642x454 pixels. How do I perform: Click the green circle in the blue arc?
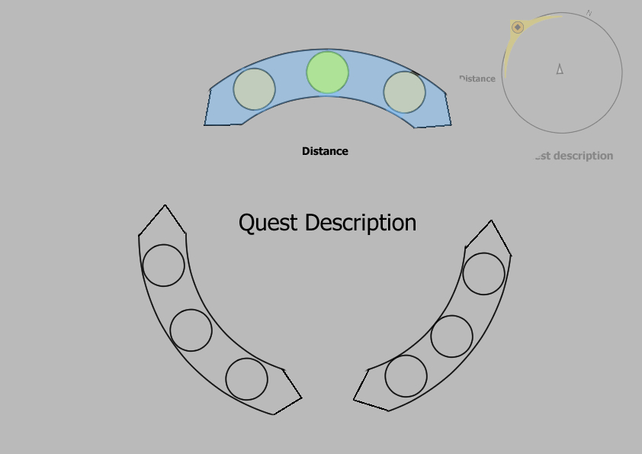pyautogui.click(x=328, y=72)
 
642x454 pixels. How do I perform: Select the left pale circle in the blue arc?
pyautogui.click(x=254, y=89)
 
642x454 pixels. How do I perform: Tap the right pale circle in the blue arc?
pyautogui.click(x=404, y=92)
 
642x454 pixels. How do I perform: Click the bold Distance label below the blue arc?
pyautogui.click(x=325, y=151)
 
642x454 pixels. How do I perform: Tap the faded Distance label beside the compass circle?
pyautogui.click(x=478, y=79)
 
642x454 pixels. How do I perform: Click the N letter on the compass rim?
pyautogui.click(x=589, y=13)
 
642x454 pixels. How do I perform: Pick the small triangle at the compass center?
pyautogui.click(x=560, y=69)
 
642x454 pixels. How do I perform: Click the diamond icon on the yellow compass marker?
pyautogui.click(x=518, y=27)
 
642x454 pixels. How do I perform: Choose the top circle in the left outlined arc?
pyautogui.click(x=163, y=266)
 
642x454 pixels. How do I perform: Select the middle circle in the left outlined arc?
pyautogui.click(x=191, y=330)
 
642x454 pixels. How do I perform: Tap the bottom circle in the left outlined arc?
pyautogui.click(x=247, y=379)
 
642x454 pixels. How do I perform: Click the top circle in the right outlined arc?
pyautogui.click(x=483, y=274)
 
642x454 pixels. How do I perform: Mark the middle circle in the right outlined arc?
pyautogui.click(x=451, y=336)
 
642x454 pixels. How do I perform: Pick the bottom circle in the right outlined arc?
pyautogui.click(x=406, y=376)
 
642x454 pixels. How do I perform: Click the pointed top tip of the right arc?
pyautogui.click(x=490, y=222)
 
